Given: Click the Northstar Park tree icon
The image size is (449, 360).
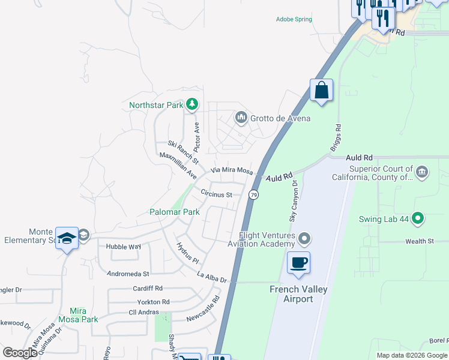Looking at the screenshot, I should (x=191, y=106).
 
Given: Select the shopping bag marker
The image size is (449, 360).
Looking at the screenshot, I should (x=321, y=91).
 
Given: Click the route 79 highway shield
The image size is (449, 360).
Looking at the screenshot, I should (x=254, y=195).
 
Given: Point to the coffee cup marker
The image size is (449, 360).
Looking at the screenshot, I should (x=298, y=263).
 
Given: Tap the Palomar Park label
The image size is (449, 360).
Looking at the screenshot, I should (x=174, y=212).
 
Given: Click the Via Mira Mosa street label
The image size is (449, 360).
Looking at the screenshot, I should (x=231, y=170).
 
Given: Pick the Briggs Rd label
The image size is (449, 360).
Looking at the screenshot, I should (x=336, y=138).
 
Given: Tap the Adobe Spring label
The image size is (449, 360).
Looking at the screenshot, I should (x=294, y=19).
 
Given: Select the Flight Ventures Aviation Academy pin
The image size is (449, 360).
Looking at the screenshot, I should (x=305, y=239).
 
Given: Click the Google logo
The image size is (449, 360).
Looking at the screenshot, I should (x=20, y=353).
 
